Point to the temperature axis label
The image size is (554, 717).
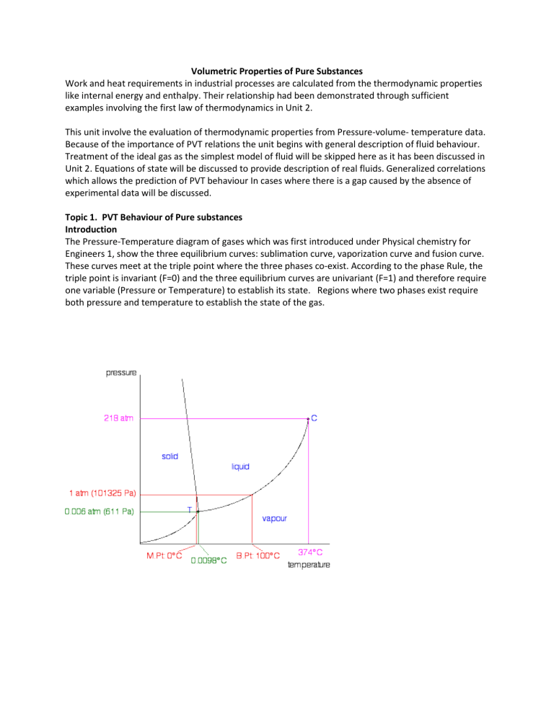pos(309,565)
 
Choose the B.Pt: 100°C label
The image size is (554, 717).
pos(258,555)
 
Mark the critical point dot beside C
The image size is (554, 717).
pos(308,418)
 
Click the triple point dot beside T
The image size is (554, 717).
pos(198,511)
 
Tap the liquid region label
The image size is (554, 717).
pos(240,467)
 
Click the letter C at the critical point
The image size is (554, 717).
pos(315,418)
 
